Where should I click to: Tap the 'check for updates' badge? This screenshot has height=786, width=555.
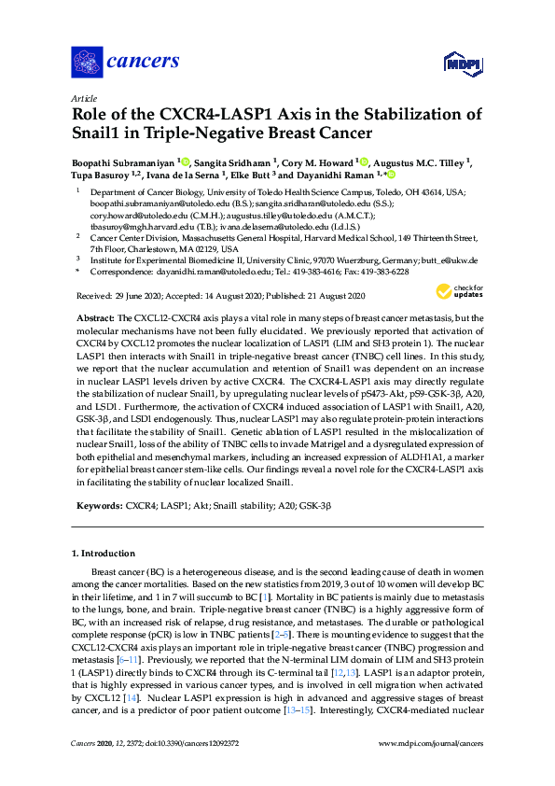[x=455, y=292]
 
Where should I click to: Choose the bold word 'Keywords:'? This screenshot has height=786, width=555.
[x=98, y=504]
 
